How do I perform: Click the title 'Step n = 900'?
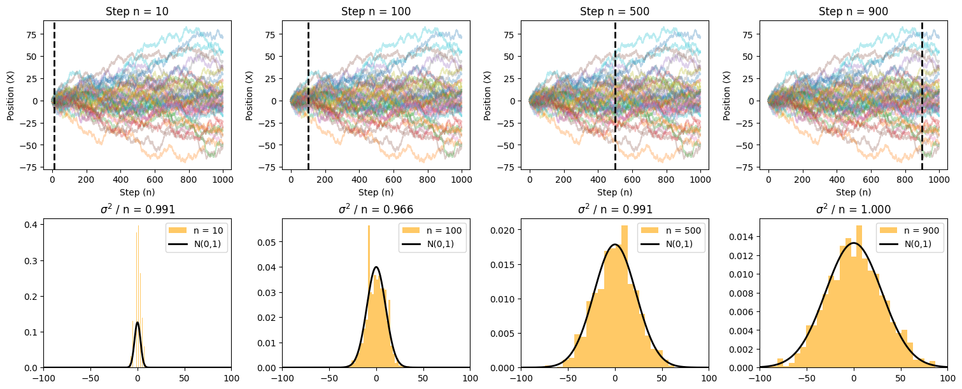pyautogui.click(x=853, y=11)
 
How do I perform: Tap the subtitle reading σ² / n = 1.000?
pyautogui.click(x=853, y=209)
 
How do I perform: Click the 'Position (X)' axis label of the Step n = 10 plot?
pyautogui.click(x=11, y=95)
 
